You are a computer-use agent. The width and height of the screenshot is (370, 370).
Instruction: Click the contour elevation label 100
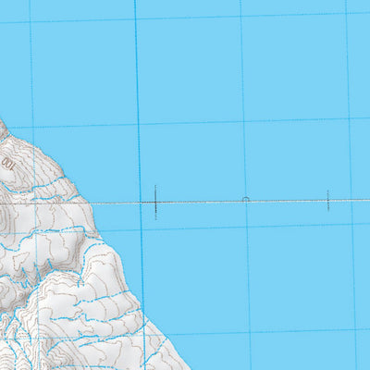click(x=8, y=163)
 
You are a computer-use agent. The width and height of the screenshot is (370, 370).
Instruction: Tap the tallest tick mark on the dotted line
click(x=155, y=200)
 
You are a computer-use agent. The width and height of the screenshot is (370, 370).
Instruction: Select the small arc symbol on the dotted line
click(x=245, y=198)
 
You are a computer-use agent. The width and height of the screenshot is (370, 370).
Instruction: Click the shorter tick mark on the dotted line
click(x=327, y=200)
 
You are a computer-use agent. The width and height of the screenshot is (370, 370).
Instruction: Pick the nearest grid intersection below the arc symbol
click(x=248, y=226)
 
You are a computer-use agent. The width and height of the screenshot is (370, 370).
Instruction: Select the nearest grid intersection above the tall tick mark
click(x=138, y=124)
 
